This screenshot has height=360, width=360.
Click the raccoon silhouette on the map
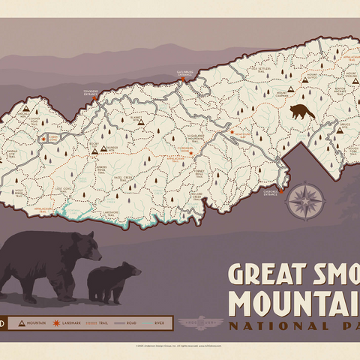pyautogui.click(x=301, y=112)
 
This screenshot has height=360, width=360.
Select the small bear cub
pyautogui.click(x=113, y=283)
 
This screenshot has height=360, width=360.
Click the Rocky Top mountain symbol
pyautogui.click(x=95, y=150)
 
